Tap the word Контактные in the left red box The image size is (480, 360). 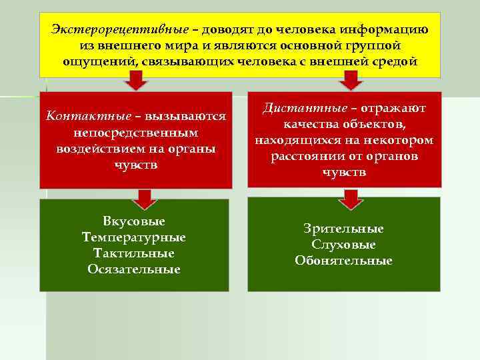click(79, 116)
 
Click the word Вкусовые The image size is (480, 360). click(135, 221)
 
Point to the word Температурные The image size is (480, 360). click(134, 237)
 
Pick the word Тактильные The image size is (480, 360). click(134, 253)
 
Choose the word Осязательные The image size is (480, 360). click(134, 269)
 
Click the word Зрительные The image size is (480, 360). click(343, 229)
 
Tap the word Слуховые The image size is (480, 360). click(343, 245)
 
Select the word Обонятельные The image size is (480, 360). click(343, 261)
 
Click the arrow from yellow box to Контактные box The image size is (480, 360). click(136, 81)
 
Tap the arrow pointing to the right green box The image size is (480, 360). click(346, 197)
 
